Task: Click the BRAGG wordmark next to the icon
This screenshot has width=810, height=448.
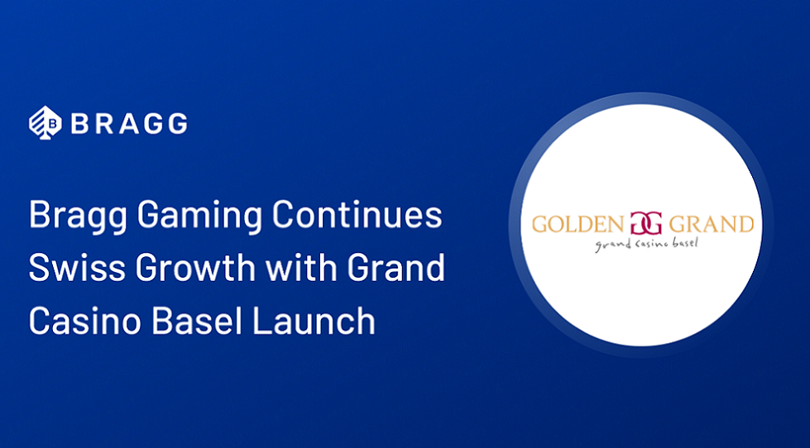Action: click(128, 124)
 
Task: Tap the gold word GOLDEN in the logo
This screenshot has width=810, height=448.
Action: click(576, 224)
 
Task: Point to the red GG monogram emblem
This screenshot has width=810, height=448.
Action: click(643, 224)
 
